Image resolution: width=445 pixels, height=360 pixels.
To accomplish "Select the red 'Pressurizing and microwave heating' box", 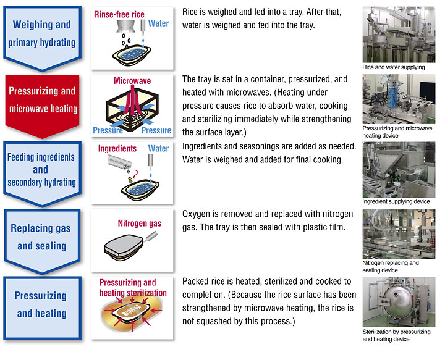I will tap(41, 99).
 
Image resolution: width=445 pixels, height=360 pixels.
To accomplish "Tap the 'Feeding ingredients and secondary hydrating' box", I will tap(41, 169).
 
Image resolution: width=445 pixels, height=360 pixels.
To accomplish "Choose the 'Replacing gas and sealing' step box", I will tap(41, 237).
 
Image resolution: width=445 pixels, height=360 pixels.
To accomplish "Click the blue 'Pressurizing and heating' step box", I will tap(41, 304).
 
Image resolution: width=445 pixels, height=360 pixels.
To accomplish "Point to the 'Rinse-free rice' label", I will tap(119, 14).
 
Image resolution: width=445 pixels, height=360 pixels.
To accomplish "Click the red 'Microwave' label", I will tap(132, 81).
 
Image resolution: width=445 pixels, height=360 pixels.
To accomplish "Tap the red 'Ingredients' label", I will tap(117, 149).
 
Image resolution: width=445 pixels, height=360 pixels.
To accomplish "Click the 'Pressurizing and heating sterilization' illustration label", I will tap(132, 288).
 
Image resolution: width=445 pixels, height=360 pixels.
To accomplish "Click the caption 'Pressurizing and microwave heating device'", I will tap(397, 132).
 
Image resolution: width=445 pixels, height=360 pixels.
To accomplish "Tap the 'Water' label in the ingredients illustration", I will tap(158, 149).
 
